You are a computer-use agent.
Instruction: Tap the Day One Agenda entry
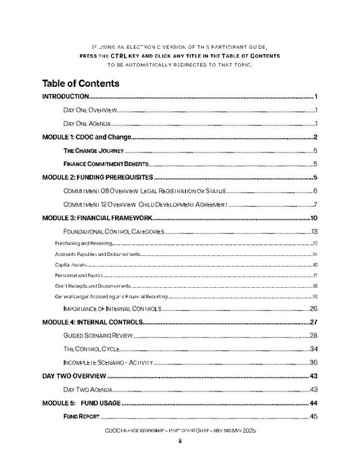point(87,124)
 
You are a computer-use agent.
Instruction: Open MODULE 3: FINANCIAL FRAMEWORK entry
point(95,218)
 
